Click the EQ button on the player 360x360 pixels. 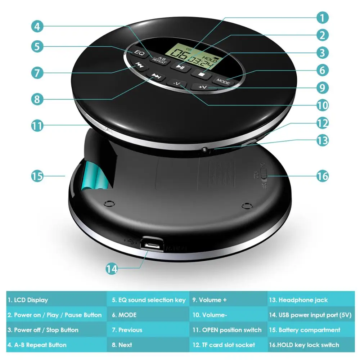pos(139,53)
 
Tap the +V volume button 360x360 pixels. pos(202,87)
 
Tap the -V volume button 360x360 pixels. pos(177,84)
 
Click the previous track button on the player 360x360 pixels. pos(139,65)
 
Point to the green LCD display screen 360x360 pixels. pos(193,55)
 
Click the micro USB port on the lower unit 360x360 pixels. pos(152,245)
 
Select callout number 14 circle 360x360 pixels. pos(112,269)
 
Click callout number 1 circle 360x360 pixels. pos(322,17)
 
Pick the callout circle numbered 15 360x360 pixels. pos(37,176)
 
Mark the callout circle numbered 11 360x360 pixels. pos(37,126)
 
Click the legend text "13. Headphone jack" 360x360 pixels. pos(298,300)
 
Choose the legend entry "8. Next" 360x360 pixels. pos(122,345)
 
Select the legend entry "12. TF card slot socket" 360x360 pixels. pos(224,345)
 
